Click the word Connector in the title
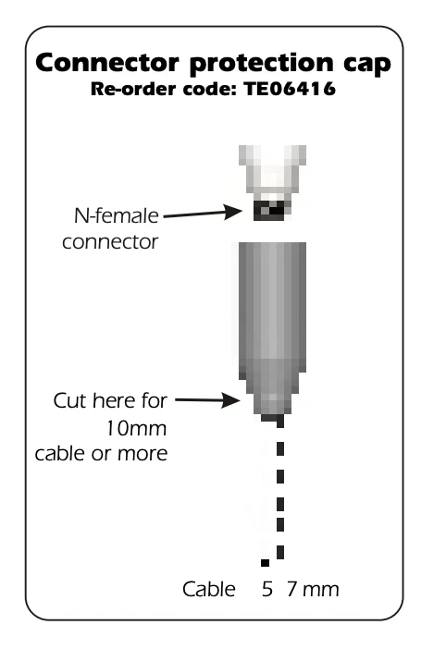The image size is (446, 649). point(107,63)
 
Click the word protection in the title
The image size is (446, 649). point(261,64)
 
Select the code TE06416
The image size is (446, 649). point(290,89)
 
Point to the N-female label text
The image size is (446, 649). point(117,215)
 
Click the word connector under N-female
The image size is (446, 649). point(110,241)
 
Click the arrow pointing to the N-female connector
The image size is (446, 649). point(203,214)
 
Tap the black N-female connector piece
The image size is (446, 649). point(272,210)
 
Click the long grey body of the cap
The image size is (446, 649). point(272,306)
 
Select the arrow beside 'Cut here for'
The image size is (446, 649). point(207,400)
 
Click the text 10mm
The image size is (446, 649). point(136,428)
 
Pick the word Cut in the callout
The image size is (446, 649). point(70,400)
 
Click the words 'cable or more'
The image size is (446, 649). point(102,454)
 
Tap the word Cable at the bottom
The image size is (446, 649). point(209,589)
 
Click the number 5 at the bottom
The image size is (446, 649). point(267,590)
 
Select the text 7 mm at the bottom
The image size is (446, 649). point(313,590)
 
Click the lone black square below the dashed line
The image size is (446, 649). point(265,562)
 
